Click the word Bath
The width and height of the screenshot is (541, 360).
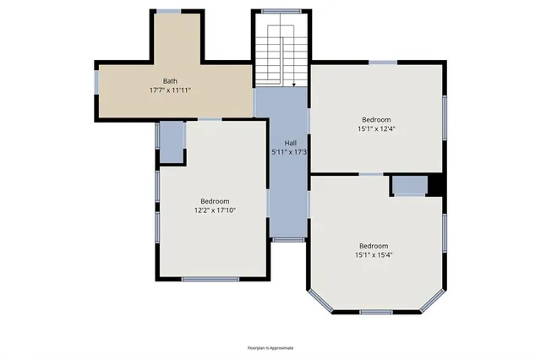[x=170, y=80]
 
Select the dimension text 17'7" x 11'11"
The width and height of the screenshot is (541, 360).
[x=170, y=90]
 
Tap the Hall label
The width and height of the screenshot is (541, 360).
[x=290, y=143]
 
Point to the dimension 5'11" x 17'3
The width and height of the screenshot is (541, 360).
[x=289, y=152]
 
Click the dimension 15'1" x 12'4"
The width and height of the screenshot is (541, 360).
[x=378, y=129]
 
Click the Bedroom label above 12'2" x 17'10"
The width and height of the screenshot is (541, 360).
[x=215, y=200]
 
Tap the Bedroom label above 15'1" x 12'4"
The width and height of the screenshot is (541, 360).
[x=378, y=119]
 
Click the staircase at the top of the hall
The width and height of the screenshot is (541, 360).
[x=281, y=54]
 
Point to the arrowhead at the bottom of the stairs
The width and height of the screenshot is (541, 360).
[x=292, y=85]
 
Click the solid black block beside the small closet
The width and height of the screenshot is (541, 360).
[x=436, y=185]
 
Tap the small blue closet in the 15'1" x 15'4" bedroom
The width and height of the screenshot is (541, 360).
[x=409, y=186]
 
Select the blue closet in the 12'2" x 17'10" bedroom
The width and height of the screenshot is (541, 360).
[x=172, y=143]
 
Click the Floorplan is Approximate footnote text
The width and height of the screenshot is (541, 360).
[x=270, y=348]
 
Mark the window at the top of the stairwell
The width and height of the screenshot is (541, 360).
[x=281, y=11]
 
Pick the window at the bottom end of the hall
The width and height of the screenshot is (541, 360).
[x=288, y=240]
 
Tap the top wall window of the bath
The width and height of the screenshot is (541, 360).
[x=169, y=11]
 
